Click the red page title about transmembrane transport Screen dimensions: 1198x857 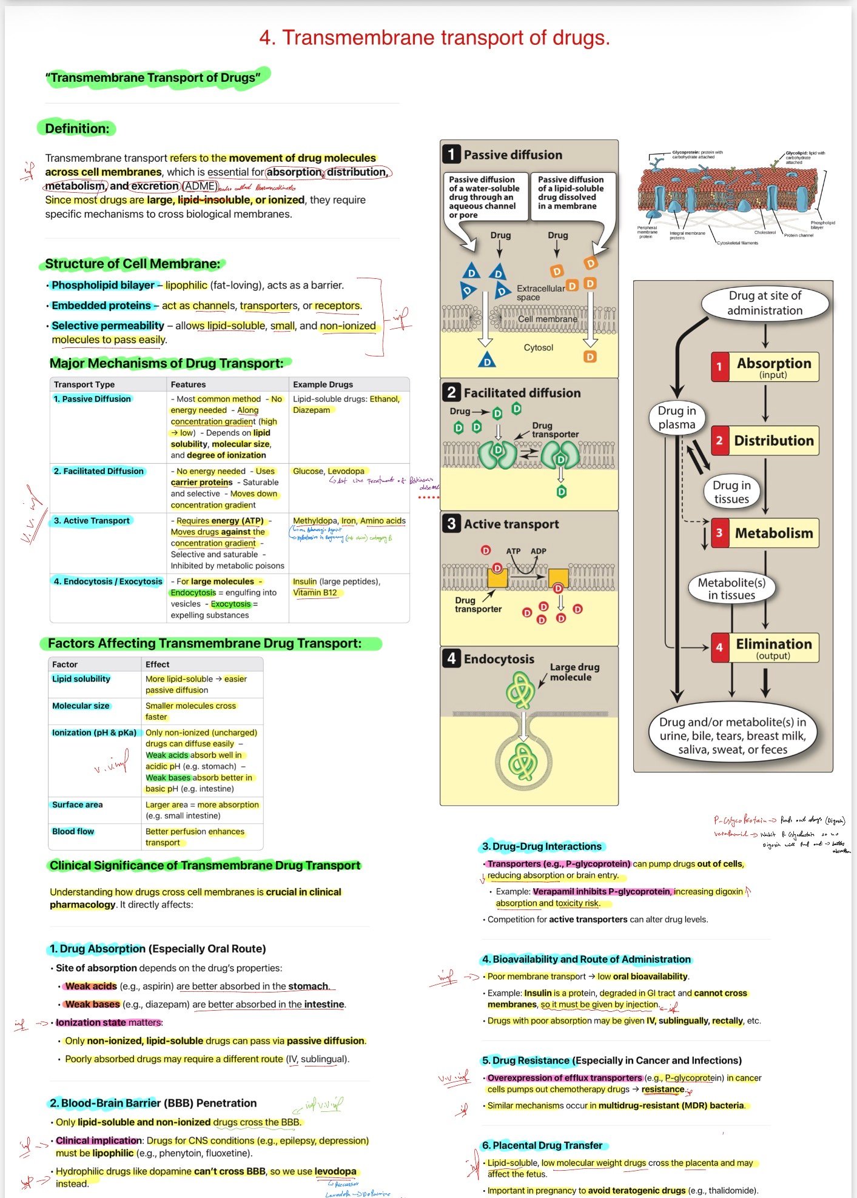434,38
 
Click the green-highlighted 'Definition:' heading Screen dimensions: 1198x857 77,129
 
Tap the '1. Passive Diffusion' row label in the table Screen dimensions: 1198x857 92,399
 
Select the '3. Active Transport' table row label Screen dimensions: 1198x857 92,521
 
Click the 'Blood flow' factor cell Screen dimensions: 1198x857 73,831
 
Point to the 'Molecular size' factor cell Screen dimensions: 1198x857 81,706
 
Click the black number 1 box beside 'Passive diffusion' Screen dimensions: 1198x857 451,155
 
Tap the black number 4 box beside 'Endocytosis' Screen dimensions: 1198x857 451,658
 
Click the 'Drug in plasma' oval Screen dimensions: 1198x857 677,417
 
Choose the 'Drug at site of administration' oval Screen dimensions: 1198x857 765,303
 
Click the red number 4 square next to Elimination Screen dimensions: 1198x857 719,647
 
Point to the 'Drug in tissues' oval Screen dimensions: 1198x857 731,492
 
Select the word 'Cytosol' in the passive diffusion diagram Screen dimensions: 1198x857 539,347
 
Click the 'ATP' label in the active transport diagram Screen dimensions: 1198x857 513,551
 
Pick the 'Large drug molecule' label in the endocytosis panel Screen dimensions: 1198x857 574,672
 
